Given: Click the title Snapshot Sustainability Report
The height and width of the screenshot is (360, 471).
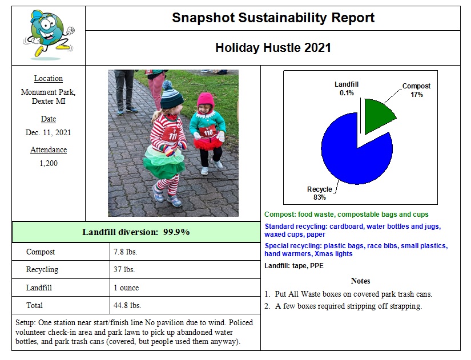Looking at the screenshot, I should click(273, 18).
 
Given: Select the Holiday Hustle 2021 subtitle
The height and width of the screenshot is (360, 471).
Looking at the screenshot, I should click(273, 48).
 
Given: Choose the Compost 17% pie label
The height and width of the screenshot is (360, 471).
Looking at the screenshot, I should click(416, 90).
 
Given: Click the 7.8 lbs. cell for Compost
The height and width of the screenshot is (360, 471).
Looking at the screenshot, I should click(126, 252).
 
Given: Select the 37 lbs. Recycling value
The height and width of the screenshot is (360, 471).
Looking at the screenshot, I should click(124, 269).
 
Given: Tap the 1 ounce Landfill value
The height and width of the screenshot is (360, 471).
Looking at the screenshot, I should click(127, 288).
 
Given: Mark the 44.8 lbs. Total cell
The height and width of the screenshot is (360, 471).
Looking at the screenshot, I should click(127, 305).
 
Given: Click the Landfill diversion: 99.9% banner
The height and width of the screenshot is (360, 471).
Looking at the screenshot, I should click(136, 232).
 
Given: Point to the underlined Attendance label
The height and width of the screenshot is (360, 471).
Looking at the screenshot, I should click(49, 150).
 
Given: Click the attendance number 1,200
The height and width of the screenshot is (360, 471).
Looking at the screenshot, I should click(49, 164).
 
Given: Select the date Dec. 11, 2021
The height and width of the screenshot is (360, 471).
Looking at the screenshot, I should click(49, 133).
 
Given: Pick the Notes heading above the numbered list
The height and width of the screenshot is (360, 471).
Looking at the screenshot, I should click(361, 281).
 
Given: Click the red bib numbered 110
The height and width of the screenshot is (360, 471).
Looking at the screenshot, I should click(208, 133).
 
